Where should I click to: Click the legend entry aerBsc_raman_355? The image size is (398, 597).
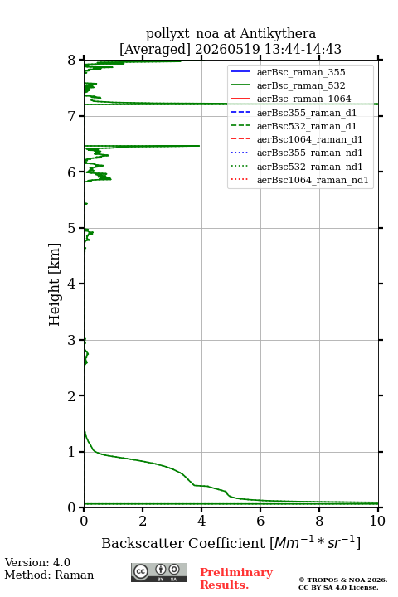click(301, 72)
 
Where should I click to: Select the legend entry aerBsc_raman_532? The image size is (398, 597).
click(301, 85)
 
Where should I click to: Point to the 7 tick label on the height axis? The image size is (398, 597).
click(71, 116)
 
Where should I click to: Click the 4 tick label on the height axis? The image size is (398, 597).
click(71, 284)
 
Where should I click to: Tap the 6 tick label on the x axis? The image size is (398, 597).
click(260, 521)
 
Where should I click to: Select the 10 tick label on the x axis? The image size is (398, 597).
click(378, 521)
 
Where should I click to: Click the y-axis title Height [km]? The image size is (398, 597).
click(54, 284)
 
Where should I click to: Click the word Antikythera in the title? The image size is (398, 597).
click(278, 33)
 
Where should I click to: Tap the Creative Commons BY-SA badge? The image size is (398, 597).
click(159, 572)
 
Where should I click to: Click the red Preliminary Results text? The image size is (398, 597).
click(236, 579)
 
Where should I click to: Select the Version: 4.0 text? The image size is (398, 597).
click(37, 562)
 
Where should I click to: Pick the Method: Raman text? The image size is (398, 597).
click(49, 575)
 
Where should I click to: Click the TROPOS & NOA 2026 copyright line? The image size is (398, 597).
click(343, 580)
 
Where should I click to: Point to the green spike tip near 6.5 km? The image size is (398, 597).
click(199, 146)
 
